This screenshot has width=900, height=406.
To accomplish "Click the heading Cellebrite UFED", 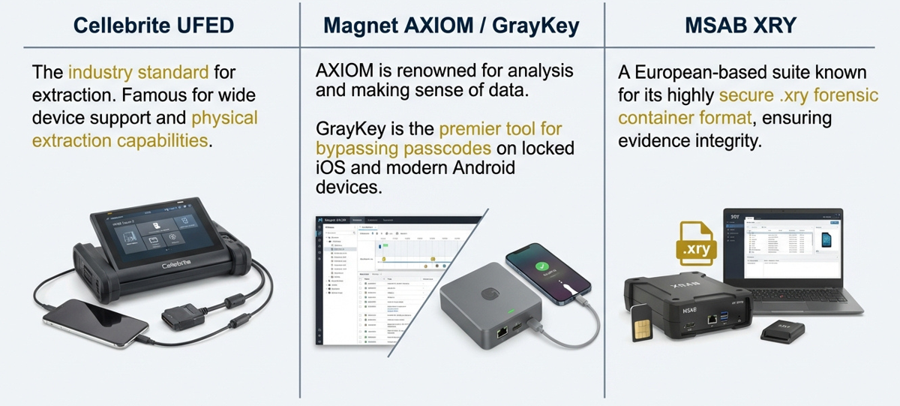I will (x=153, y=26).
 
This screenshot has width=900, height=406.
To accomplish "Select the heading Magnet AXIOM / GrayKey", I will (x=451, y=26).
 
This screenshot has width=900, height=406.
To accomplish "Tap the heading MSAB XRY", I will (x=741, y=26).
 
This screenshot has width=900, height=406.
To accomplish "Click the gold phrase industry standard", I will (x=138, y=73).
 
